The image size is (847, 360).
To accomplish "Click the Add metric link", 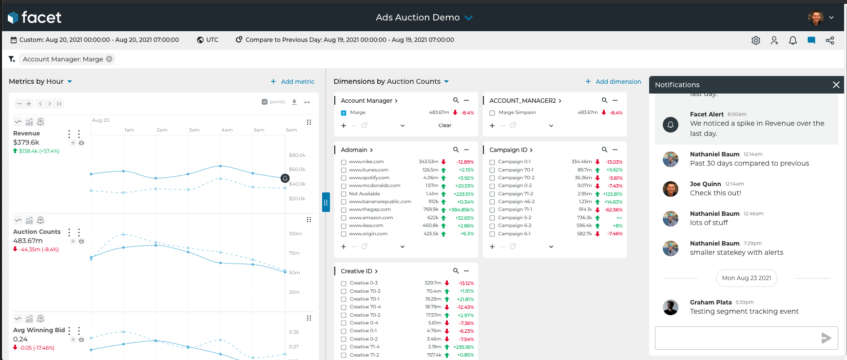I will [x=292, y=82].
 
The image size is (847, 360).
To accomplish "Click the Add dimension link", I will [x=613, y=82].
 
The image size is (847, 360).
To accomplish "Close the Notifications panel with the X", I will [x=836, y=85].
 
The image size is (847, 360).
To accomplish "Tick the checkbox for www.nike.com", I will [x=344, y=162].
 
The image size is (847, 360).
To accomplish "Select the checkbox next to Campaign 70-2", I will [x=492, y=178].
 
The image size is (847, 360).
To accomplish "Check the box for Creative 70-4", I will [x=344, y=307].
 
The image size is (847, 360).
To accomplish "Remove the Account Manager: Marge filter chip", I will [x=109, y=59].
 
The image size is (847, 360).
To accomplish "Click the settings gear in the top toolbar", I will [x=756, y=40].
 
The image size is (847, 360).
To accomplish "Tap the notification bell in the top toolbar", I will [x=793, y=40].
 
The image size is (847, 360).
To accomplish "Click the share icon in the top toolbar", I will [x=830, y=40].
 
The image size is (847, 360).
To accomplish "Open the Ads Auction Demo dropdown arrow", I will [x=469, y=18].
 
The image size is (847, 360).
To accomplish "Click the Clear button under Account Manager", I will [x=444, y=126].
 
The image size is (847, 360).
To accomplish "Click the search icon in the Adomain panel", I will [x=456, y=150].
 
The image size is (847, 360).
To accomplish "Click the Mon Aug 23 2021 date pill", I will [x=746, y=278].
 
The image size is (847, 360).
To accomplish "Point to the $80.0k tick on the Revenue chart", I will [x=297, y=155].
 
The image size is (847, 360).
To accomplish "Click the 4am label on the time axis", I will [x=227, y=130].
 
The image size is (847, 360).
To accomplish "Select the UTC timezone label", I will [x=212, y=40].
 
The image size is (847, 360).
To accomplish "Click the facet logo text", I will [x=41, y=18].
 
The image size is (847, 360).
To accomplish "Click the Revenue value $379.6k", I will [x=26, y=142].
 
